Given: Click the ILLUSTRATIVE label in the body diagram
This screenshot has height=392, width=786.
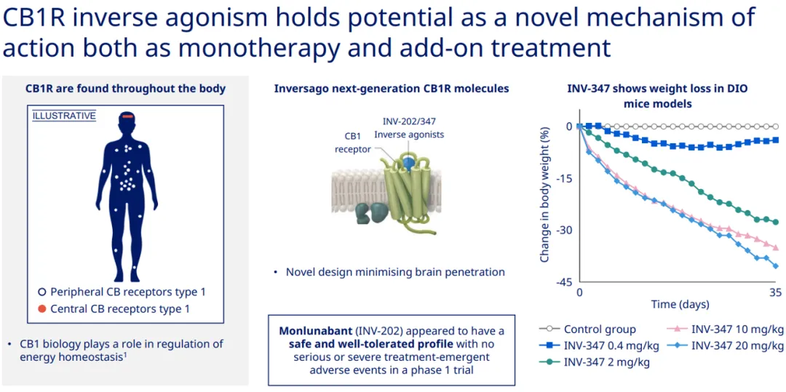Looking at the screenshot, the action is (64, 116).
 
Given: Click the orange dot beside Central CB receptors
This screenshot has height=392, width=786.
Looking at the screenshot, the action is (42, 309).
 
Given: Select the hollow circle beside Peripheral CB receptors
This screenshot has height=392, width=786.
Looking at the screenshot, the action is (42, 292).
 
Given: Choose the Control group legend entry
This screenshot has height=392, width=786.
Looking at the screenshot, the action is (587, 329).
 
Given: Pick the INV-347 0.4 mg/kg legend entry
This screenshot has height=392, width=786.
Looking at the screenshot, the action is (599, 345).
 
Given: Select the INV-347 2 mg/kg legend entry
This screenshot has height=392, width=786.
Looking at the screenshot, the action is (595, 361).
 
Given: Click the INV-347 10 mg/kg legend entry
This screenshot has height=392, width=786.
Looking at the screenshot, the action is (726, 329).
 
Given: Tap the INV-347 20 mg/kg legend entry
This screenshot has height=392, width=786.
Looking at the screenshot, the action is (726, 345).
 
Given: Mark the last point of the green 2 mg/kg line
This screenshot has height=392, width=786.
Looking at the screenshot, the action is (776, 222).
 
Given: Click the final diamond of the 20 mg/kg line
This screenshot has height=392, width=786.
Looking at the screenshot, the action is (776, 266).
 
